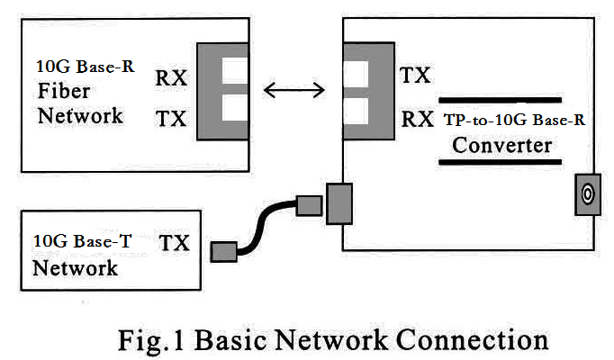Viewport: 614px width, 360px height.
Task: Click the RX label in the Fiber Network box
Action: pos(171,78)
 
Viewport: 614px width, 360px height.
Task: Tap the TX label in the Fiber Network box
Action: pos(171,118)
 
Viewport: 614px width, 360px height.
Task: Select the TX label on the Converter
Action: pos(415,76)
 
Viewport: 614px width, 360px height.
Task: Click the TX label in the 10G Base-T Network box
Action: pos(174,242)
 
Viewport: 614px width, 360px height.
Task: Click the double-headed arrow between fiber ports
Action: pos(292,89)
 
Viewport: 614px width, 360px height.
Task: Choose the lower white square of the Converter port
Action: pos(356,112)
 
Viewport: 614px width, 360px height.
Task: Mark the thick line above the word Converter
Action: pos(501,99)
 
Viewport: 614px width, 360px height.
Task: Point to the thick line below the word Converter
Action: pos(501,163)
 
